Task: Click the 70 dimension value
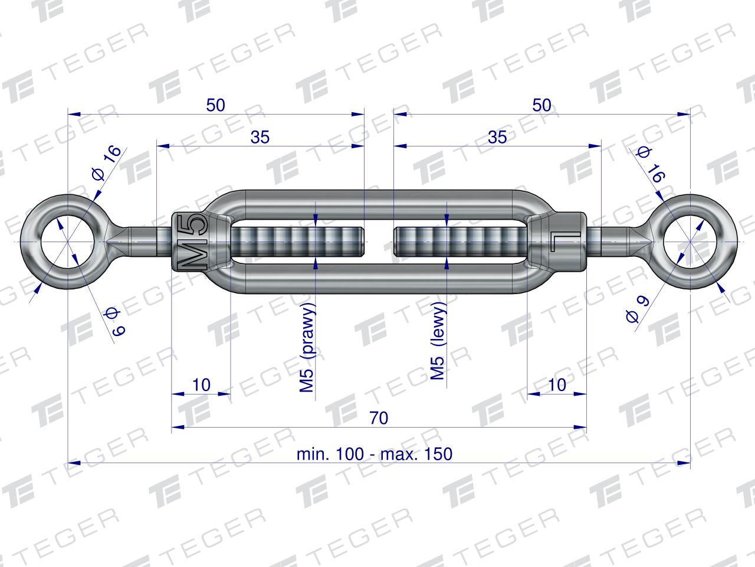[x=379, y=418]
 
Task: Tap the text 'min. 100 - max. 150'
[x=374, y=454]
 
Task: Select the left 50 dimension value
[x=215, y=105]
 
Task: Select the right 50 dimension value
[x=541, y=105]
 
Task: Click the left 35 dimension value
[x=260, y=137]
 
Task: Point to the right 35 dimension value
[x=497, y=137]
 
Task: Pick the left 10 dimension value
[x=201, y=384]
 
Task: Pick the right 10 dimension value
[x=557, y=384]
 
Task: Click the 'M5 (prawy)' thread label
[x=307, y=347]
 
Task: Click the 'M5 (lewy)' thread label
[x=438, y=341]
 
